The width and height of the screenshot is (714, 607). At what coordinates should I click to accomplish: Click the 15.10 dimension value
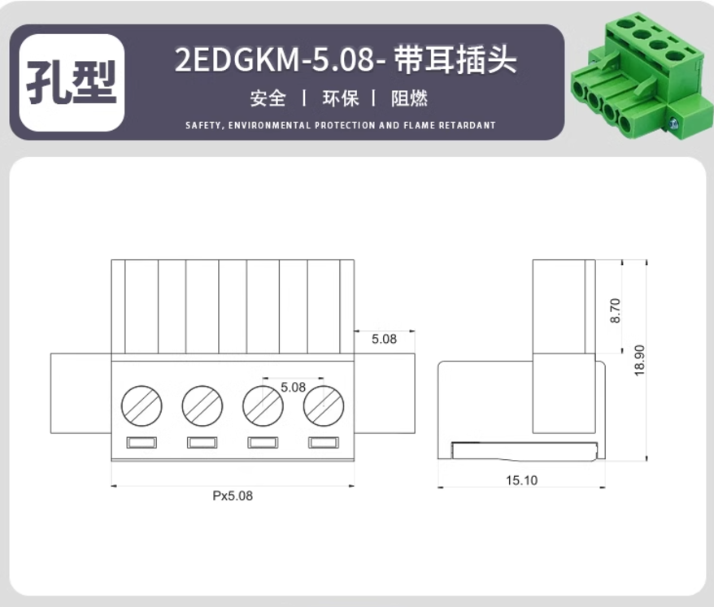point(521,480)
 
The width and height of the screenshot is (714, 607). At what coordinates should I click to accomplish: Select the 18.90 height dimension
point(640,360)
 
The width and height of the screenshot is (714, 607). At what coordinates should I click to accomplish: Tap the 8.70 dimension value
point(615,310)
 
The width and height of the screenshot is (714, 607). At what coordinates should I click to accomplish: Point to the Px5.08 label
point(233,496)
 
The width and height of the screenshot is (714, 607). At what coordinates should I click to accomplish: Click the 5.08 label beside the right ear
point(384,339)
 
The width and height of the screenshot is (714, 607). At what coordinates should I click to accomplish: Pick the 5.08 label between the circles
point(293,388)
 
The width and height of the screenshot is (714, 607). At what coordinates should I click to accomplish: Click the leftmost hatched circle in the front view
point(141,405)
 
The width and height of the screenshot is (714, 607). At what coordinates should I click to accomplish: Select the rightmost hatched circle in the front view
point(324,405)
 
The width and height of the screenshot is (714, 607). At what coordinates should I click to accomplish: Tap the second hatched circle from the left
point(202,405)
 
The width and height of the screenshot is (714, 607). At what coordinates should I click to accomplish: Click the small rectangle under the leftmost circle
point(141,442)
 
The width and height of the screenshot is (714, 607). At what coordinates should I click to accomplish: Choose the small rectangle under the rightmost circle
point(324,442)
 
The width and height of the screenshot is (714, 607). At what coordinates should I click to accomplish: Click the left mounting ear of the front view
point(81,393)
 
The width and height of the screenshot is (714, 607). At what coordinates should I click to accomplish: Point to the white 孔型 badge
point(72,83)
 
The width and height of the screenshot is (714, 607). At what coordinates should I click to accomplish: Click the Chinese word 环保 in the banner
point(341,98)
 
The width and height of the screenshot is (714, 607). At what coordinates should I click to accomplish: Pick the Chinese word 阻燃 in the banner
point(409,98)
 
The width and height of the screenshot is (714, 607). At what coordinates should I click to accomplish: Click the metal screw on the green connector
point(674,123)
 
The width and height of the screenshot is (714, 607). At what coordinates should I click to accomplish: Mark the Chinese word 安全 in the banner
point(268,98)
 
